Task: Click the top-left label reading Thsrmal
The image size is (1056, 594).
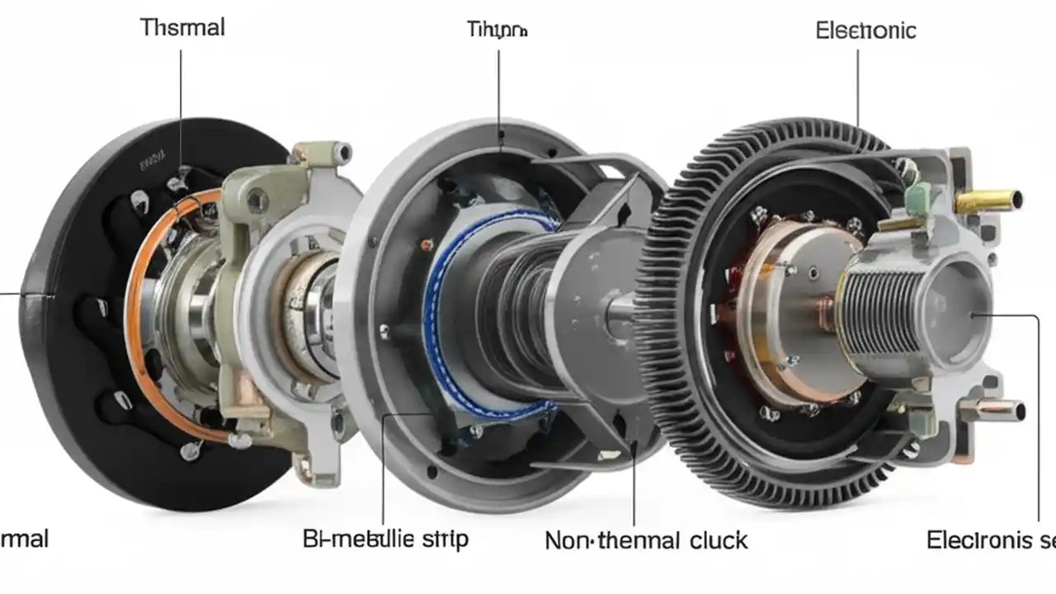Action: coord(182,27)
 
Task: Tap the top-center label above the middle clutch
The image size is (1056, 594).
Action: coord(497,31)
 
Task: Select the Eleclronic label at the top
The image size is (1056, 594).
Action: coord(865,31)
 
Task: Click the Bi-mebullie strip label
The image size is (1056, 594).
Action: coord(385,540)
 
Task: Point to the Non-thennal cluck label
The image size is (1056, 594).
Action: coord(646,541)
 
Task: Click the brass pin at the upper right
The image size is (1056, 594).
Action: coord(989,200)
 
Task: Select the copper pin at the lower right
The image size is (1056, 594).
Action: coord(999,409)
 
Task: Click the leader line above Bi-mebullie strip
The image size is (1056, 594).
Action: coord(384,470)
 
